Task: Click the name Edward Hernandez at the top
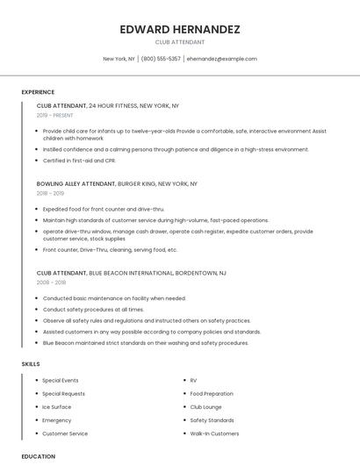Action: click(x=180, y=29)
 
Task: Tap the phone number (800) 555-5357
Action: click(x=161, y=59)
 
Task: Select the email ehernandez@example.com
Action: click(x=222, y=59)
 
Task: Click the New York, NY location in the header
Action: click(x=119, y=59)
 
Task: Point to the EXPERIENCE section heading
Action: click(x=38, y=92)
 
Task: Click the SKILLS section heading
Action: click(x=31, y=363)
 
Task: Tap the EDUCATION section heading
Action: click(x=38, y=456)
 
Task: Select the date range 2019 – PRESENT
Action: click(x=55, y=115)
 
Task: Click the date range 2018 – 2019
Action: click(x=50, y=193)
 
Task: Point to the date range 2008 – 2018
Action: click(x=50, y=283)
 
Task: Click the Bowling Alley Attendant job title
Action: click(x=76, y=184)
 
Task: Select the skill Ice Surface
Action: click(x=57, y=407)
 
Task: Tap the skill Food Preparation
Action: click(x=212, y=394)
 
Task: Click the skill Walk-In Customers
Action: click(x=214, y=433)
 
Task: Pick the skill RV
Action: click(x=193, y=380)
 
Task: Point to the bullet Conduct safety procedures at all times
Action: click(x=93, y=309)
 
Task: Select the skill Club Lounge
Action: click(x=205, y=407)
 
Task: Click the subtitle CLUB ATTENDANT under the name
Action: click(x=180, y=42)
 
